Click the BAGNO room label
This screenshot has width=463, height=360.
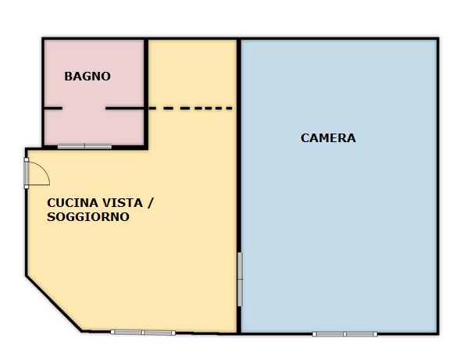(x=87, y=77)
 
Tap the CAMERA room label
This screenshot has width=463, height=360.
(x=328, y=138)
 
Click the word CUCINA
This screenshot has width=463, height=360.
(x=73, y=203)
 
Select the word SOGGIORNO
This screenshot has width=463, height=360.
(x=88, y=217)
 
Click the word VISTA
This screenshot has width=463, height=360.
(x=123, y=203)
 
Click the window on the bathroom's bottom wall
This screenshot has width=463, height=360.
(x=84, y=147)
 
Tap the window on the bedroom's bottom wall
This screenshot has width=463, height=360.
(x=344, y=334)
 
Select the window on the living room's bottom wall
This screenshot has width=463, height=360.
(x=143, y=333)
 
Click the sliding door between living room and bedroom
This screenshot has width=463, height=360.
(x=240, y=279)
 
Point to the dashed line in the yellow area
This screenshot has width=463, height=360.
(x=191, y=109)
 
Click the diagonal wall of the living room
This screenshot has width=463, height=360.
(x=54, y=305)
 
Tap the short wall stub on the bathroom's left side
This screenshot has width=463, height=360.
(x=53, y=109)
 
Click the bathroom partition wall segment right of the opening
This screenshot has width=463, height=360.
(x=125, y=109)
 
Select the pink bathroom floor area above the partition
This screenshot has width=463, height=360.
(x=94, y=73)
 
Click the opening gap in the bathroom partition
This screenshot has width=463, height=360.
(x=84, y=109)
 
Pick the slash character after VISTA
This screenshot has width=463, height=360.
(x=150, y=203)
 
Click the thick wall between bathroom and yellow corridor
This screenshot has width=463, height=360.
(x=146, y=93)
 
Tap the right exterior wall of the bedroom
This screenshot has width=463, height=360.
(x=438, y=186)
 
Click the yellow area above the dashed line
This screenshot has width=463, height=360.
(x=192, y=73)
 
